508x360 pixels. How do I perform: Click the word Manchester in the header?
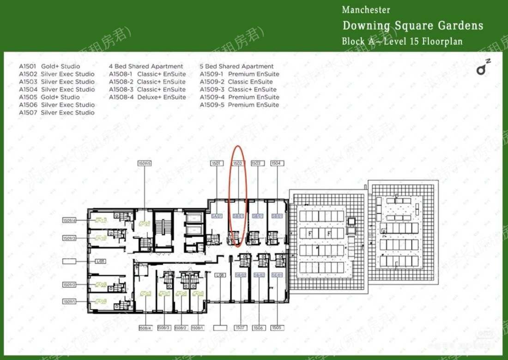point(366,10)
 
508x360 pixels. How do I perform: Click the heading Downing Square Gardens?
point(412,25)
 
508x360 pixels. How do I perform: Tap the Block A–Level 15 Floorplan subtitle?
point(402,41)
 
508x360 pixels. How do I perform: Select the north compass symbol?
point(483,68)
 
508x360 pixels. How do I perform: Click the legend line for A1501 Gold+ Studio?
point(49,66)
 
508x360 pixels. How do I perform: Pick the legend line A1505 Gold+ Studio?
point(49,97)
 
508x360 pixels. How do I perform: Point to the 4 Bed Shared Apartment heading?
point(146,66)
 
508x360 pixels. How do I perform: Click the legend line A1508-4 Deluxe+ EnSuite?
point(147,97)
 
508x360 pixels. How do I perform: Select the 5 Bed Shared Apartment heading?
point(236,66)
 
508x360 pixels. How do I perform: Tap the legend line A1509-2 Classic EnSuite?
point(236,82)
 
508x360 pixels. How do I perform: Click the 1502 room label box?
point(237,163)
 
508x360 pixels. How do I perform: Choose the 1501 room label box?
point(216,163)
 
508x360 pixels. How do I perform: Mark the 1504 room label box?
point(277,163)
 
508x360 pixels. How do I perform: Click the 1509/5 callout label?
point(145,163)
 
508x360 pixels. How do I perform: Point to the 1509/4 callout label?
point(69,221)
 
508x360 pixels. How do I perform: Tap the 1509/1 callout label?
point(69,301)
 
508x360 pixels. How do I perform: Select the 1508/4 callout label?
point(145,328)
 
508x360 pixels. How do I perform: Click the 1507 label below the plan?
point(240,328)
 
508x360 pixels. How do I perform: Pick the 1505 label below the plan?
point(277,328)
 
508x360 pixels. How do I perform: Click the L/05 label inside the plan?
point(100,261)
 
